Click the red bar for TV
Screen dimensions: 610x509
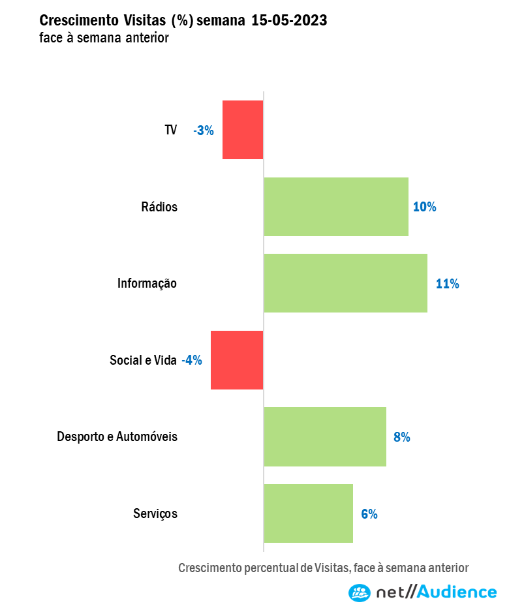pyautogui.click(x=243, y=130)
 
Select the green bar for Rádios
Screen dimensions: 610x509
pyautogui.click(x=336, y=207)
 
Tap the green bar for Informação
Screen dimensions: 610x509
pyautogui.click(x=345, y=283)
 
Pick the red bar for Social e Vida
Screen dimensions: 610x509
pyautogui.click(x=237, y=360)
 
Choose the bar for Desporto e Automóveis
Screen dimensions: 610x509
pyautogui.click(x=325, y=436)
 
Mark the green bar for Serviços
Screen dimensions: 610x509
pyautogui.click(x=308, y=513)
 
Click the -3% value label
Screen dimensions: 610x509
pyautogui.click(x=204, y=130)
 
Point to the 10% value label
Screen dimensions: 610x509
pyautogui.click(x=424, y=207)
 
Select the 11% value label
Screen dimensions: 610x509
pyautogui.click(x=448, y=284)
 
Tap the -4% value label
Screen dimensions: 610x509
pyautogui.click(x=192, y=360)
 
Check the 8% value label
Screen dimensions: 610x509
pyautogui.click(x=401, y=437)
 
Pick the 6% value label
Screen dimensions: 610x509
pyautogui.click(x=369, y=513)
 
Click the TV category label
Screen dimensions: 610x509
pyautogui.click(x=170, y=130)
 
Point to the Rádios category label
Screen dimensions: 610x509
pyautogui.click(x=159, y=207)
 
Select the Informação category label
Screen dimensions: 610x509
pyautogui.click(x=147, y=284)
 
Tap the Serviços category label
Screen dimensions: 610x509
pyautogui.click(x=155, y=513)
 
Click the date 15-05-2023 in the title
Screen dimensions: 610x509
pyautogui.click(x=289, y=21)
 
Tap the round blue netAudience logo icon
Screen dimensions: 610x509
pyautogui.click(x=359, y=592)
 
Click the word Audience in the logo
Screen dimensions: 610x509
pyautogui.click(x=456, y=592)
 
